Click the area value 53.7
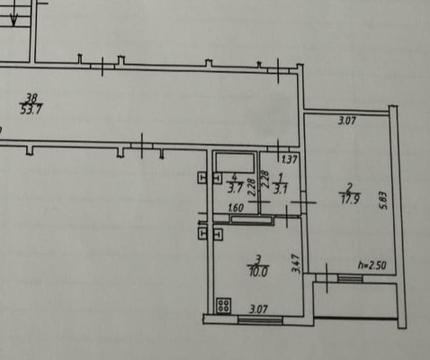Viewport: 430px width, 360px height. (31, 110)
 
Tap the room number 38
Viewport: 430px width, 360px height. (31, 98)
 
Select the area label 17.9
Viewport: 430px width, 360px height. (350, 199)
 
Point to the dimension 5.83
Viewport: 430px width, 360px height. (384, 201)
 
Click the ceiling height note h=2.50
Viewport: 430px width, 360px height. (372, 265)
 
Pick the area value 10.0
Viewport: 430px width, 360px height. (258, 272)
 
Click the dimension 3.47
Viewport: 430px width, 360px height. (296, 264)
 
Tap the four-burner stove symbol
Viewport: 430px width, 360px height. (224, 306)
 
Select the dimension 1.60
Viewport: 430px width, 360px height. (236, 208)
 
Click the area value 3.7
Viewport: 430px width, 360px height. (235, 189)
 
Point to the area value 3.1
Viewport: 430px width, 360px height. (281, 189)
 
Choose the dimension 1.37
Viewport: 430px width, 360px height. (290, 159)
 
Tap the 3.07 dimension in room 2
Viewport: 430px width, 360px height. (347, 121)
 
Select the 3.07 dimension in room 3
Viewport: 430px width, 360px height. (258, 309)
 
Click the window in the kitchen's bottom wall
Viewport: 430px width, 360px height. (260, 319)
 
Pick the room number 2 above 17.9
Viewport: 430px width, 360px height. (349, 188)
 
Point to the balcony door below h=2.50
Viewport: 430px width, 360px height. (350, 278)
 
